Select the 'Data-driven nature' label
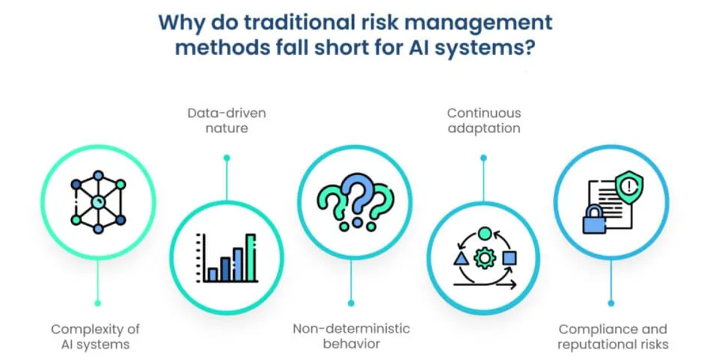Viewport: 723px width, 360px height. pyautogui.click(x=227, y=120)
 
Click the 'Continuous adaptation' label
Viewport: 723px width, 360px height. pyautogui.click(x=483, y=120)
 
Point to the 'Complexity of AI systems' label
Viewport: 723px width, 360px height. pyautogui.click(x=96, y=337)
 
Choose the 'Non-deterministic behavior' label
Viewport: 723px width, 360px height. pyautogui.click(x=351, y=336)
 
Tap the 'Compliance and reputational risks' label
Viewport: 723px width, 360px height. pyautogui.click(x=613, y=337)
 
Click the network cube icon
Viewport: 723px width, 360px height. pyautogui.click(x=98, y=202)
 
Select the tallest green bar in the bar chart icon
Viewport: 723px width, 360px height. pyautogui.click(x=251, y=258)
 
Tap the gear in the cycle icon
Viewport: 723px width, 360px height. pyautogui.click(x=483, y=258)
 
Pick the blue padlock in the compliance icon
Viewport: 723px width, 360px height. pyautogui.click(x=594, y=220)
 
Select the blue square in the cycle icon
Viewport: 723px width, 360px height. pyautogui.click(x=509, y=258)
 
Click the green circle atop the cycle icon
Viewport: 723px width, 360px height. pyautogui.click(x=484, y=233)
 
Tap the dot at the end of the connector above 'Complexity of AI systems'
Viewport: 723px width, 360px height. pyautogui.click(x=97, y=303)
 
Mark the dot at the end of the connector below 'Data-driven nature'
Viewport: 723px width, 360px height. pyautogui.click(x=226, y=158)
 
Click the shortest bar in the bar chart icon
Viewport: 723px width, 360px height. pyautogui.click(x=212, y=275)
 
